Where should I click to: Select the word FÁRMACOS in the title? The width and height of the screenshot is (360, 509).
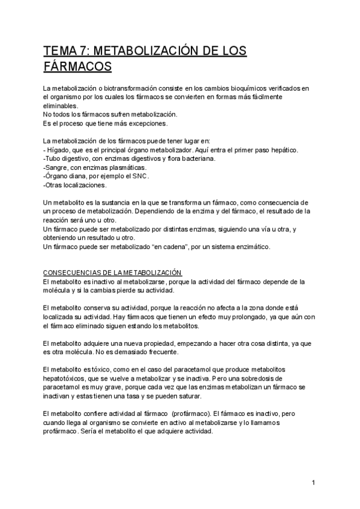(78, 65)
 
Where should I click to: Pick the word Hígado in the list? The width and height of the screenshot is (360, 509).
(59, 149)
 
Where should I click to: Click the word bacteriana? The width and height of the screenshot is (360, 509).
(196, 158)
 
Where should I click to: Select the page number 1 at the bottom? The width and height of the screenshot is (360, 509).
(313, 482)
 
